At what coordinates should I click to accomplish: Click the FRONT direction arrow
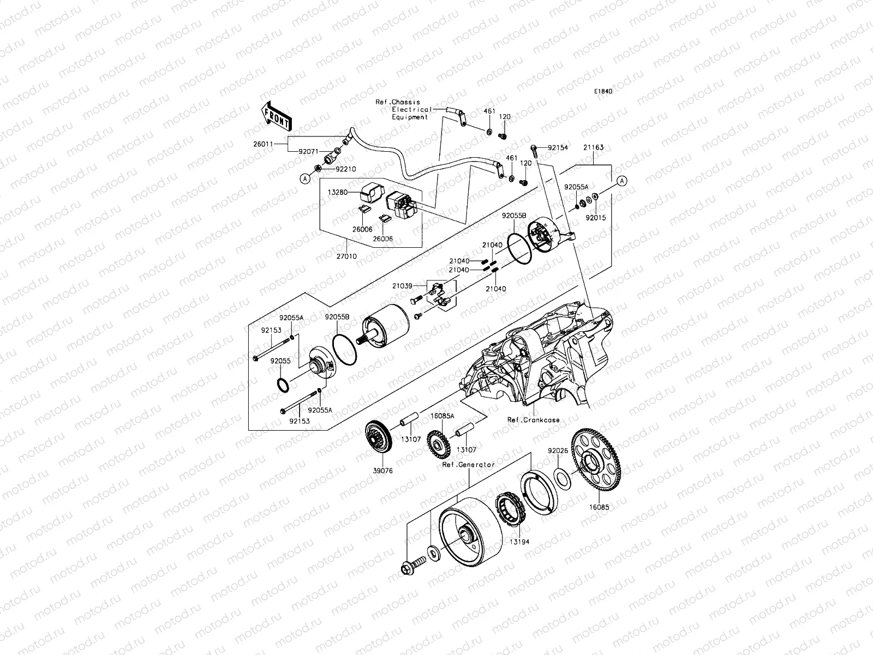pyautogui.click(x=277, y=116)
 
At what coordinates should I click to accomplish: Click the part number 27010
pyautogui.click(x=348, y=255)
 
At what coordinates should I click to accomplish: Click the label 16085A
pyautogui.click(x=442, y=416)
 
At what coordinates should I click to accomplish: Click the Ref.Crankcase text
pyautogui.click(x=534, y=420)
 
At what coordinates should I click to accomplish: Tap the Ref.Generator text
pyautogui.click(x=469, y=465)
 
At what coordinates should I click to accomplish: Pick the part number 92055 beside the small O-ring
pyautogui.click(x=280, y=361)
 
